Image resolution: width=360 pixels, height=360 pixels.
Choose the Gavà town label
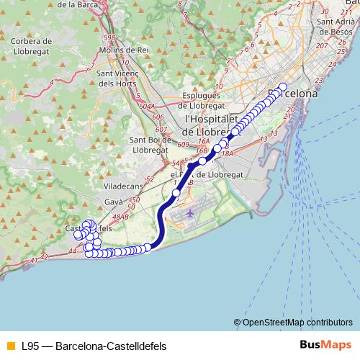click(x=114, y=203)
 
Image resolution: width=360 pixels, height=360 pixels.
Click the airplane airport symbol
click(x=189, y=214)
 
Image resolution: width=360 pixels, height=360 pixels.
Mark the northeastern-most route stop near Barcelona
click(x=282, y=87)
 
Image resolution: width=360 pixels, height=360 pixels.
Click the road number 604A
click(x=148, y=106)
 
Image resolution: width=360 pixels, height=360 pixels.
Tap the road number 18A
click(x=228, y=153)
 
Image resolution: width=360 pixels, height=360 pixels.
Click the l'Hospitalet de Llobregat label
click(x=209, y=124)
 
